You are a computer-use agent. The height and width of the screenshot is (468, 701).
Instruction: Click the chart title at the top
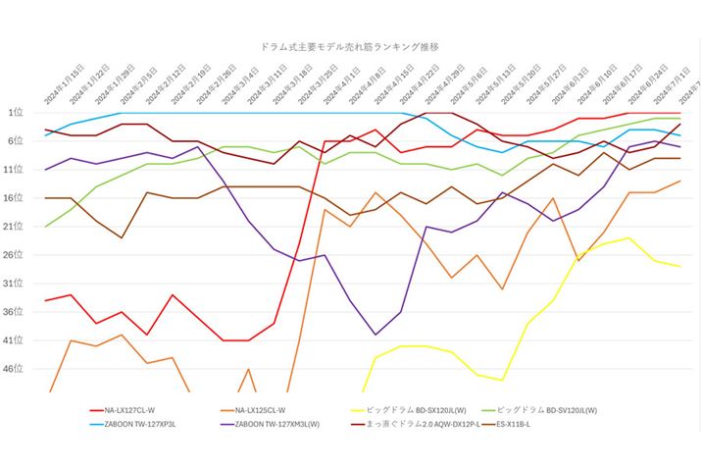(350, 46)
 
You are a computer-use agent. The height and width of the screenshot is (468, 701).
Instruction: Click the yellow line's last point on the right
(679, 266)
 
